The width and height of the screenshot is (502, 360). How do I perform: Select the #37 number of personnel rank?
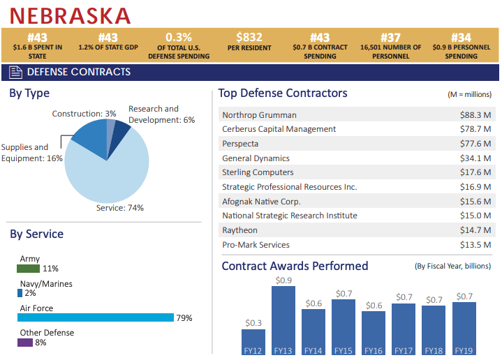click(390, 38)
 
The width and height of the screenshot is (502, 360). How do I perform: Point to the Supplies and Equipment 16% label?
click(31, 153)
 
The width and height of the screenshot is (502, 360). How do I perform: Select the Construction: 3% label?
click(84, 114)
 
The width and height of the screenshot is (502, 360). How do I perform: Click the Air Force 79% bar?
click(95, 317)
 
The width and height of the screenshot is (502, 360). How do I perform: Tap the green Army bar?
click(28, 269)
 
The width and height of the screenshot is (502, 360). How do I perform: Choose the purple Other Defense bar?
click(24, 343)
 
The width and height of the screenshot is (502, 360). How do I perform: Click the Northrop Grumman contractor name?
click(259, 115)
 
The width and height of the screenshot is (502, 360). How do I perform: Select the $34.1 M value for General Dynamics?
click(475, 158)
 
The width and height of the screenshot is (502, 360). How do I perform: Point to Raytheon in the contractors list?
click(239, 230)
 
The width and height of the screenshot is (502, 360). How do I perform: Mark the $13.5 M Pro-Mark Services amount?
click(475, 245)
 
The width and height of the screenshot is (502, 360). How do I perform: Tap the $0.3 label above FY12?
click(253, 323)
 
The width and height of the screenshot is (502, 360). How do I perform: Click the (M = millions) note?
click(469, 94)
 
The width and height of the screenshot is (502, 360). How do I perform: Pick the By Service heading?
click(36, 234)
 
